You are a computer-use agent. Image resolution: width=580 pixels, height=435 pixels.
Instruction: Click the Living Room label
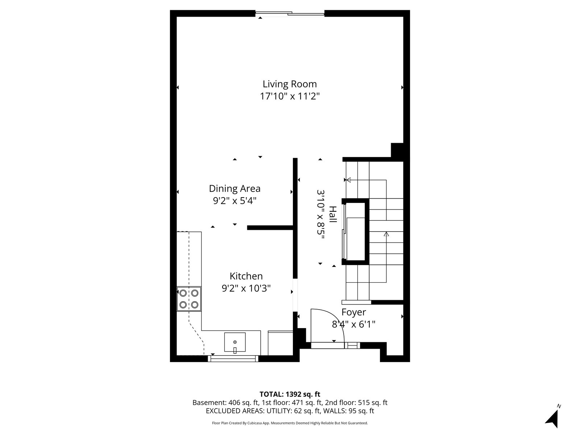pyautogui.click(x=290, y=84)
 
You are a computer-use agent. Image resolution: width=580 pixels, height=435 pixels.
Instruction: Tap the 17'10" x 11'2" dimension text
pyautogui.click(x=290, y=96)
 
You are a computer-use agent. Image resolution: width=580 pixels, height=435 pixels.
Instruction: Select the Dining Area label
pyautogui.click(x=235, y=188)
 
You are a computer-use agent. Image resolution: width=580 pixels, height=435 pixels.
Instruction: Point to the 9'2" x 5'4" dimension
pyautogui.click(x=235, y=201)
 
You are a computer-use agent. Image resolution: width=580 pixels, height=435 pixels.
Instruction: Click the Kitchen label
pyautogui.click(x=246, y=276)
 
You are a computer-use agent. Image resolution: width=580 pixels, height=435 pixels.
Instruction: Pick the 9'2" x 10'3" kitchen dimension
pyautogui.click(x=246, y=289)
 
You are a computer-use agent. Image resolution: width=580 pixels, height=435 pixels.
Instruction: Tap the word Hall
pyautogui.click(x=333, y=214)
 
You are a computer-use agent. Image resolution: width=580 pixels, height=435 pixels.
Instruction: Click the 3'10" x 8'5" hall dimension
pyautogui.click(x=320, y=215)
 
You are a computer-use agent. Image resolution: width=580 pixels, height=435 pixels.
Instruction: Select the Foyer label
pyautogui.click(x=353, y=312)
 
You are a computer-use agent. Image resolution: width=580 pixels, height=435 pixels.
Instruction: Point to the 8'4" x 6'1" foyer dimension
pyautogui.click(x=353, y=324)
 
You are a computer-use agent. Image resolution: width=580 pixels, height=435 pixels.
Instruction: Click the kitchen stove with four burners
pyautogui.click(x=189, y=299)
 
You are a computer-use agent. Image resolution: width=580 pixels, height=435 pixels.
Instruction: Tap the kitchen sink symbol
pyautogui.click(x=235, y=342)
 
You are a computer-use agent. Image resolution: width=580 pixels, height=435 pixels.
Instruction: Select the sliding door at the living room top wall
pyautogui.click(x=290, y=13)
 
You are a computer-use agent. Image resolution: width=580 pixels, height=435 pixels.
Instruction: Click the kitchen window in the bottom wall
pyautogui.click(x=233, y=359)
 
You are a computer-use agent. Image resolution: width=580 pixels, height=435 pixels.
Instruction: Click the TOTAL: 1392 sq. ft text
pyautogui.click(x=290, y=394)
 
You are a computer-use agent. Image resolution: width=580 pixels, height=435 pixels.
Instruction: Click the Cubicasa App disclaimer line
pyautogui.click(x=290, y=423)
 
